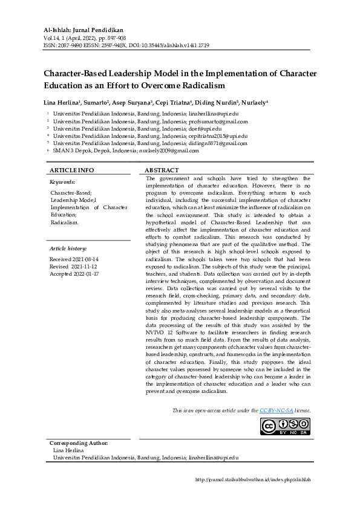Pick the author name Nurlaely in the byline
point(254,103)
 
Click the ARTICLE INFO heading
point(71,171)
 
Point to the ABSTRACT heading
point(162,171)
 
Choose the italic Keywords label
point(62,182)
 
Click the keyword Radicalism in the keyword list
point(65,222)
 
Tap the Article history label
point(68,248)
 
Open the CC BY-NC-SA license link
point(277,410)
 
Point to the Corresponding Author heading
point(78,443)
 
